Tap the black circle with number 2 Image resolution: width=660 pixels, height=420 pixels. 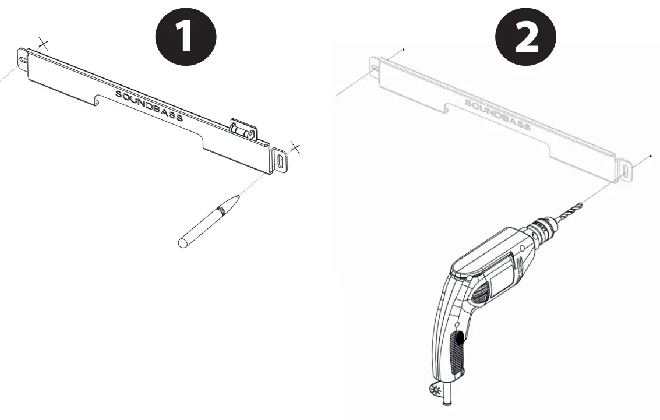tap(525, 36)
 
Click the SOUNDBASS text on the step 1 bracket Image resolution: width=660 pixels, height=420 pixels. tap(149, 105)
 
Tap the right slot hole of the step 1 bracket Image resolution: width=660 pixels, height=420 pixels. tap(281, 162)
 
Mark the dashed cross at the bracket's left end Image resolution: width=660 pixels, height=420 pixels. tap(43, 43)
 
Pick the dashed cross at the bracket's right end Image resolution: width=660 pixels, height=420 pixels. tap(295, 148)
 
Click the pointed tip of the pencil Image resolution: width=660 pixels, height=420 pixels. tap(239, 195)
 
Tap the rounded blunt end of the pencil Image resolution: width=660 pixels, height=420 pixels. tap(183, 243)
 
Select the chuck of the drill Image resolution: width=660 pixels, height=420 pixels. tap(542, 230)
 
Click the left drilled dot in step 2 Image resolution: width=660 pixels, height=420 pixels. tap(403, 50)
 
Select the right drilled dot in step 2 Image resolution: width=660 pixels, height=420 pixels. tap(651, 156)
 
